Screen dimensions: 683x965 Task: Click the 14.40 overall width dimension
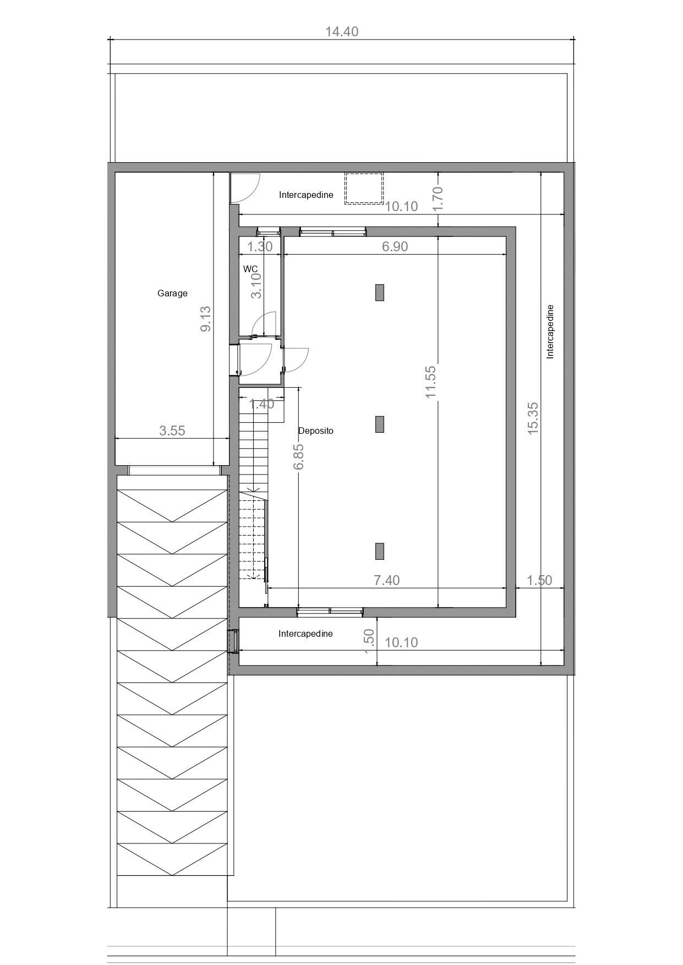tap(342, 31)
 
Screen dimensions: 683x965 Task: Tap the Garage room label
tap(172, 294)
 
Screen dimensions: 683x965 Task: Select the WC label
tap(250, 269)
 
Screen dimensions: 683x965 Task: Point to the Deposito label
tap(316, 431)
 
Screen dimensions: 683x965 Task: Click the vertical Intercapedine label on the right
tap(550, 332)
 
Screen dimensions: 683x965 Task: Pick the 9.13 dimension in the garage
tap(205, 319)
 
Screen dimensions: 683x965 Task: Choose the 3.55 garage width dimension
tap(172, 431)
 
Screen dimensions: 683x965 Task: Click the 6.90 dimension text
tap(395, 246)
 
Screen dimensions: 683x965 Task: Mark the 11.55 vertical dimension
tap(430, 382)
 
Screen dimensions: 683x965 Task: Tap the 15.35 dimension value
tap(533, 419)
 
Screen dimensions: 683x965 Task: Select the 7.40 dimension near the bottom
tap(387, 580)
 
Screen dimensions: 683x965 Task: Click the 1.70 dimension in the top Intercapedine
tap(438, 199)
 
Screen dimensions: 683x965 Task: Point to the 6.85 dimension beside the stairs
tap(299, 457)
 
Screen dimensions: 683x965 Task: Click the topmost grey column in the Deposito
tap(380, 293)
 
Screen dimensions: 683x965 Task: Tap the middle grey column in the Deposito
tap(380, 424)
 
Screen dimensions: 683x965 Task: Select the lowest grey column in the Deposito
tap(380, 551)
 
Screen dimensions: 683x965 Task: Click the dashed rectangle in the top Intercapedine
tap(364, 189)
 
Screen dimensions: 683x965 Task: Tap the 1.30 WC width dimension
tap(260, 246)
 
